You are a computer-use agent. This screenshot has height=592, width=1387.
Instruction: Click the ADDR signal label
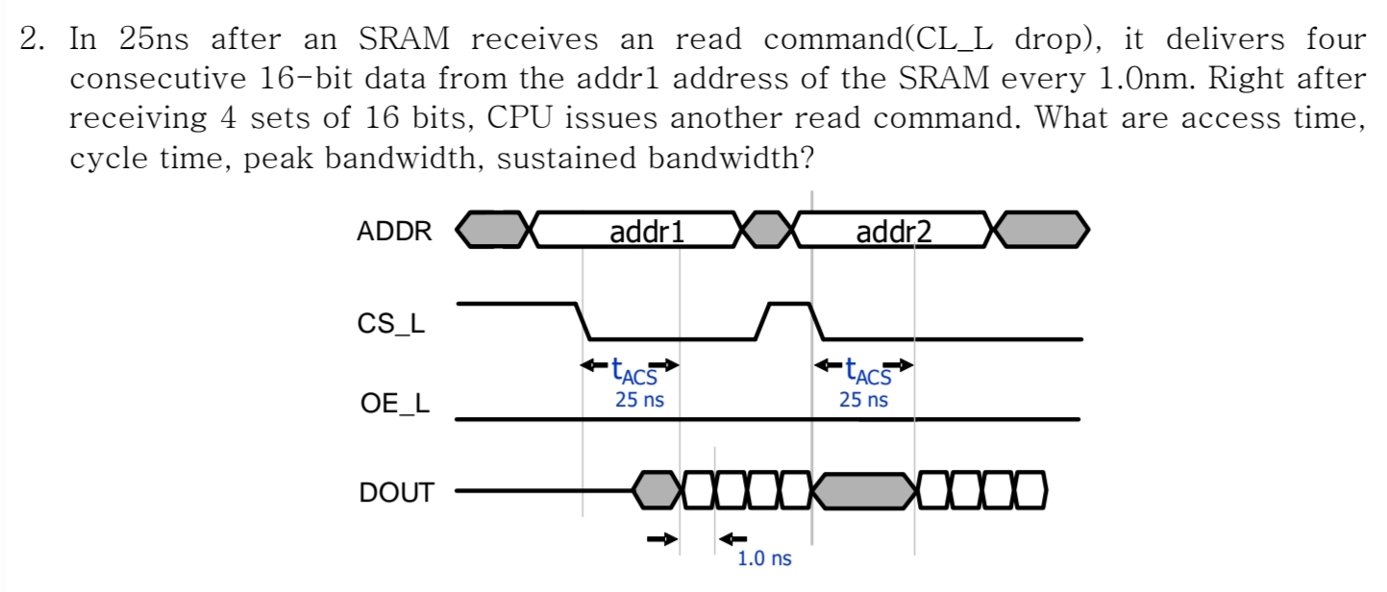tap(394, 232)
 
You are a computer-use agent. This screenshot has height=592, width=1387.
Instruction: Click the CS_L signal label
tap(391, 324)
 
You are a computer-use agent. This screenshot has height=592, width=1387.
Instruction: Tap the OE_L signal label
tap(393, 405)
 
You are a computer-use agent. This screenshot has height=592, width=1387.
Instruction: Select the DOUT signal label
tap(396, 494)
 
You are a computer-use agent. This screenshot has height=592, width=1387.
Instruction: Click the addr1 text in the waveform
tap(646, 232)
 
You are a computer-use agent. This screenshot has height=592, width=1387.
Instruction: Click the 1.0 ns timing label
tap(764, 558)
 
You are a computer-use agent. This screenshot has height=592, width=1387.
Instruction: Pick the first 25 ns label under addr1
tap(639, 399)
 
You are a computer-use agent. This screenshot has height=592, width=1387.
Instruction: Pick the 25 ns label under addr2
tap(863, 399)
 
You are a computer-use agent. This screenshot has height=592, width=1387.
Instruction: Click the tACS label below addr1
tap(632, 369)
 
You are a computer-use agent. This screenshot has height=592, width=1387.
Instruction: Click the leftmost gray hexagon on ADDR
tap(492, 231)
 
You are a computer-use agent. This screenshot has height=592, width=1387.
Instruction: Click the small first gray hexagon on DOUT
tap(656, 491)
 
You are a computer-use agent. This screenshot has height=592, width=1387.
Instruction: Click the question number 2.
tap(32, 40)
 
